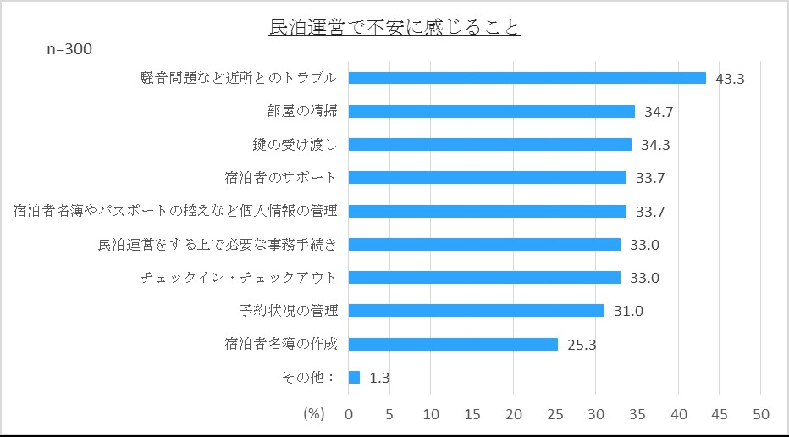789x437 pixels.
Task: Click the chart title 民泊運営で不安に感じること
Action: (394, 28)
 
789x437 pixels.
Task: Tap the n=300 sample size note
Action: (69, 49)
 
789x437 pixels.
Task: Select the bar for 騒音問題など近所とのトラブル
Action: (527, 78)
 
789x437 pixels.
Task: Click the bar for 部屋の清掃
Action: (491, 111)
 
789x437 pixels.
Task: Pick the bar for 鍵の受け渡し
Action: (489, 144)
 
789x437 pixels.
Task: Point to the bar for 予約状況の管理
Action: (476, 311)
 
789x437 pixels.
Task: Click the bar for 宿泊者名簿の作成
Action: (453, 344)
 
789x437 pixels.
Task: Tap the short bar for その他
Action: (354, 377)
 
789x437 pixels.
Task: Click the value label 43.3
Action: (729, 79)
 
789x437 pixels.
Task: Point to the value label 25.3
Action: (581, 345)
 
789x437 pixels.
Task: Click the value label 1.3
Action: (379, 378)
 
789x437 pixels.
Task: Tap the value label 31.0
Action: (628, 312)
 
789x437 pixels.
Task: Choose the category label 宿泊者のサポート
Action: (281, 178)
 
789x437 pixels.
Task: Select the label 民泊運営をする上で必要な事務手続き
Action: (218, 245)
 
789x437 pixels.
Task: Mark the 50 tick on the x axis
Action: (760, 414)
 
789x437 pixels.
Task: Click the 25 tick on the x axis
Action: (555, 414)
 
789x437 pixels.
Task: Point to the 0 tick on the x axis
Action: (349, 414)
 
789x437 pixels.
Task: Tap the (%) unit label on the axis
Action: (314, 414)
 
